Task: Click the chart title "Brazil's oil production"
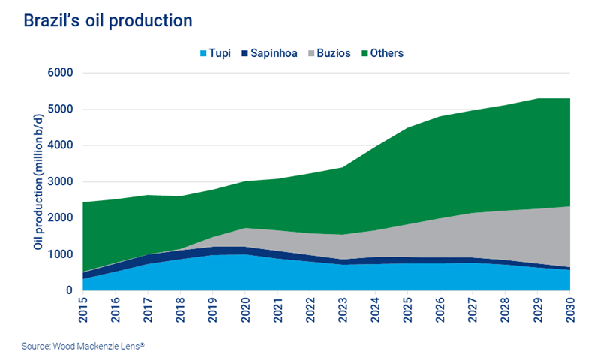click(x=107, y=20)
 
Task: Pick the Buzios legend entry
click(x=334, y=53)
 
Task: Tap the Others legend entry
click(x=386, y=53)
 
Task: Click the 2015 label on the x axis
click(x=84, y=309)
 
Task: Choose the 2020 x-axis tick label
click(x=244, y=309)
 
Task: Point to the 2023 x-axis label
click(x=341, y=309)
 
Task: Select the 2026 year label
click(x=437, y=309)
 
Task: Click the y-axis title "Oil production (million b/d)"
click(x=36, y=182)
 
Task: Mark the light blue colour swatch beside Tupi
click(x=201, y=53)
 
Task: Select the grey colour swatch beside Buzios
click(x=312, y=53)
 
